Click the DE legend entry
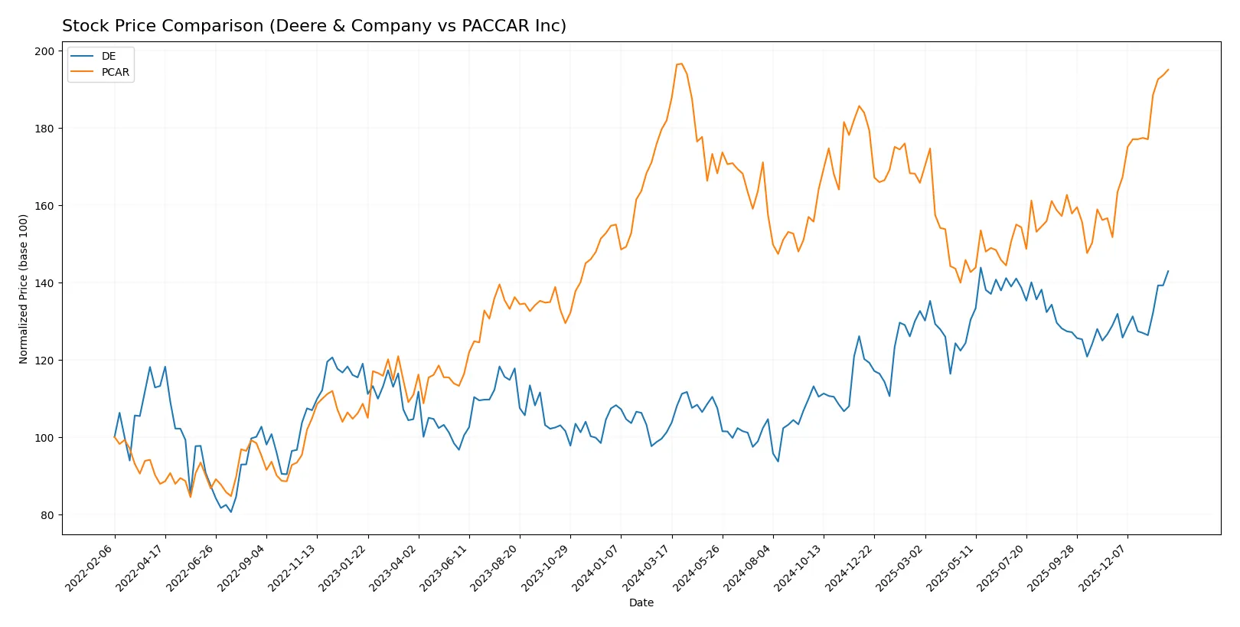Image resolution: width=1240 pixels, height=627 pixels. coord(108,56)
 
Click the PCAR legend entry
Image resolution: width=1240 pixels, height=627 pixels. coord(115,72)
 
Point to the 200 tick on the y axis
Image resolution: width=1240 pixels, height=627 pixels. coord(44,51)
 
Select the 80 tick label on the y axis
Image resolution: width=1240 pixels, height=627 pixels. coord(47,515)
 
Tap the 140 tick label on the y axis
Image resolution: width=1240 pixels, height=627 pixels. coord(44,283)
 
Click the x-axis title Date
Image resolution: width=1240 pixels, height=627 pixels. coord(641,603)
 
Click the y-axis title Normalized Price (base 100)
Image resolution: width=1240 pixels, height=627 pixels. coord(23,289)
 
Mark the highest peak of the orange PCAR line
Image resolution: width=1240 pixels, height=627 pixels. coord(681,64)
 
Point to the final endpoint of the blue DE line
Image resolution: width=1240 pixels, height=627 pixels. coord(1168,271)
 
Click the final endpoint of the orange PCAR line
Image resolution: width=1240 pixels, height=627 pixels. coord(1168,70)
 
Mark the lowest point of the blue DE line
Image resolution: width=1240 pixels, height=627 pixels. coord(231,511)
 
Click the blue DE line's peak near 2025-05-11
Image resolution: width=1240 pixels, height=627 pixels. coord(981,267)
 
